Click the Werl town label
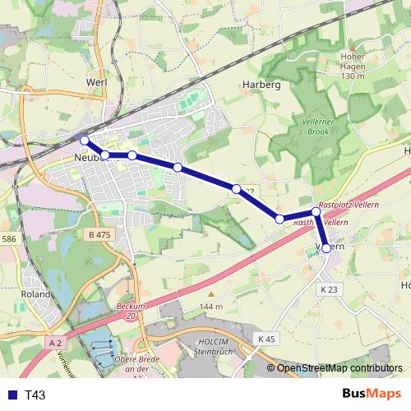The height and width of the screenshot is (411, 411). pyautogui.click(x=96, y=83)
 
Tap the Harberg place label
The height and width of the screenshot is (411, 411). pyautogui.click(x=262, y=85)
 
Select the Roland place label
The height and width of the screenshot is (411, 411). pyautogui.click(x=36, y=293)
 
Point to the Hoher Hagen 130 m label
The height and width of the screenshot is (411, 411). pyautogui.click(x=352, y=67)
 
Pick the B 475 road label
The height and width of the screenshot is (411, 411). pyautogui.click(x=98, y=234)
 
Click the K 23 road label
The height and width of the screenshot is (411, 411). pyautogui.click(x=329, y=289)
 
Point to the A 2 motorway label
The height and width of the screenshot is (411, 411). pyautogui.click(x=55, y=342)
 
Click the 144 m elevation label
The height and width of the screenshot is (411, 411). pyautogui.click(x=210, y=307)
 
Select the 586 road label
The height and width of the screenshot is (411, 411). pyautogui.click(x=8, y=238)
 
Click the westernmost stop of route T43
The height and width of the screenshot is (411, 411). pyautogui.click(x=84, y=140)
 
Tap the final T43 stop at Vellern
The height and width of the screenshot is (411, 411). pyautogui.click(x=327, y=247)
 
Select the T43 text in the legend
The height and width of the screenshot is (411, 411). pyautogui.click(x=35, y=395)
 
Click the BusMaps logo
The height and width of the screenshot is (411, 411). pyautogui.click(x=372, y=394)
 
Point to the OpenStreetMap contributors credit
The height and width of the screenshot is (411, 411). pyautogui.click(x=339, y=368)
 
